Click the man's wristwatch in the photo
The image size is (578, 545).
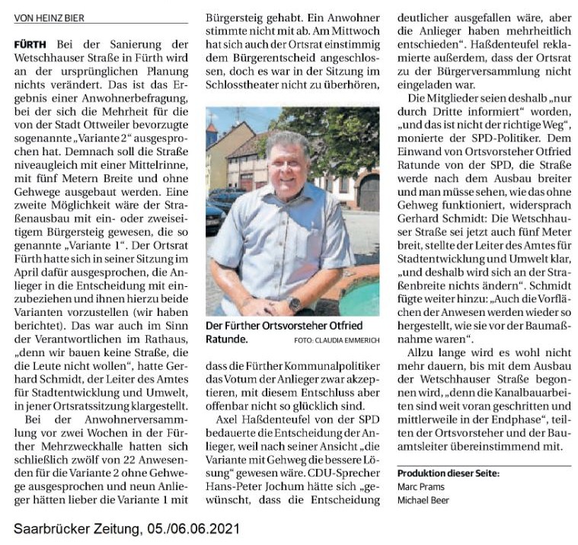[x=295, y=304]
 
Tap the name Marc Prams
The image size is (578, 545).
[x=417, y=487]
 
